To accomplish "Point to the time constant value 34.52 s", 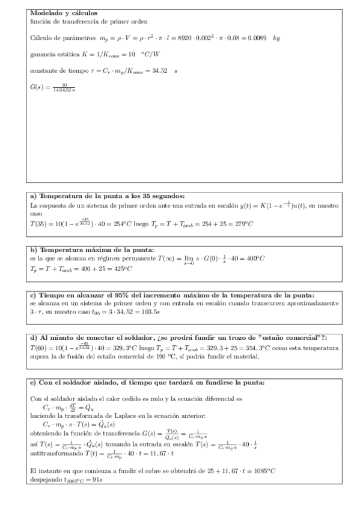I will click(x=162, y=71).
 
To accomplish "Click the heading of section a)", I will click(x=107, y=196).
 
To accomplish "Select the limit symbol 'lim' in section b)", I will click(x=188, y=257).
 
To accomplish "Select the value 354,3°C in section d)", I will click(x=237, y=348).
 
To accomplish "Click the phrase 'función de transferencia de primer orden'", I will click(x=82, y=21).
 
